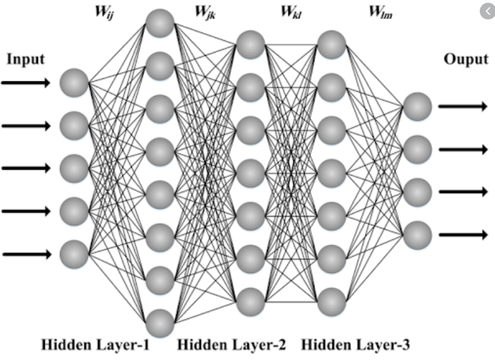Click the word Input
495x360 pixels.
[x=26, y=59]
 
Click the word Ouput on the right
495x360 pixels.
[x=466, y=60]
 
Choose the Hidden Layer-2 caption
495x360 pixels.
[x=222, y=345]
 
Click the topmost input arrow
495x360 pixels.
[x=26, y=83]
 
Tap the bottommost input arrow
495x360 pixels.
[x=26, y=254]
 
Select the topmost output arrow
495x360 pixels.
[x=462, y=106]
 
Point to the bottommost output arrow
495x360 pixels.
[x=462, y=235]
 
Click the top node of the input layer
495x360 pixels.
[x=74, y=83]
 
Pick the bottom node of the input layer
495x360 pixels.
[x=74, y=254]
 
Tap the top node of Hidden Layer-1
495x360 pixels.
[x=159, y=23]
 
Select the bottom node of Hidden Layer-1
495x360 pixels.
[x=159, y=323]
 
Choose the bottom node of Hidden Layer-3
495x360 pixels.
[x=332, y=302]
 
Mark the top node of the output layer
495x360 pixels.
[x=417, y=106]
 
